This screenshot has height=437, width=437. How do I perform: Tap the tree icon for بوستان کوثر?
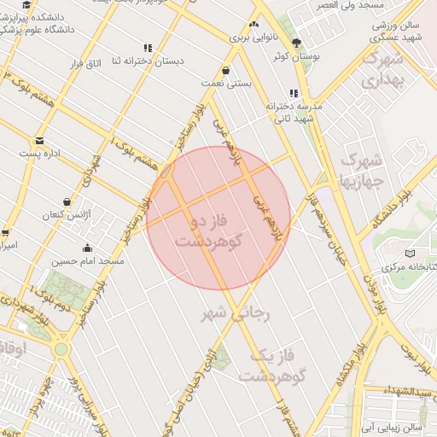[296, 43]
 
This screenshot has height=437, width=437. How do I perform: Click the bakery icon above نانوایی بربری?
[253, 25]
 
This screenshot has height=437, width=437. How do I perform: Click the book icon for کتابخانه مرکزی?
[410, 253]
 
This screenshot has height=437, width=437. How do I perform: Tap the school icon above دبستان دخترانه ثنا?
[148, 49]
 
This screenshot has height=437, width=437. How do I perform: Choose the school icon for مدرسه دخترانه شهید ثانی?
[294, 93]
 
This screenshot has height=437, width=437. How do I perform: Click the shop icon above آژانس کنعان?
[67, 201]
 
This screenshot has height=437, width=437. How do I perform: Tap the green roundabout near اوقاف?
[61, 349]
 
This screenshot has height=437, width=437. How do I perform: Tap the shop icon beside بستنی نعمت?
[224, 71]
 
